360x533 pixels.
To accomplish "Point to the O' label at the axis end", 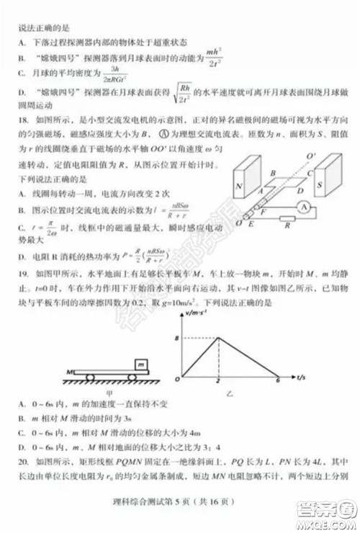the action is [x=311, y=156].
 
